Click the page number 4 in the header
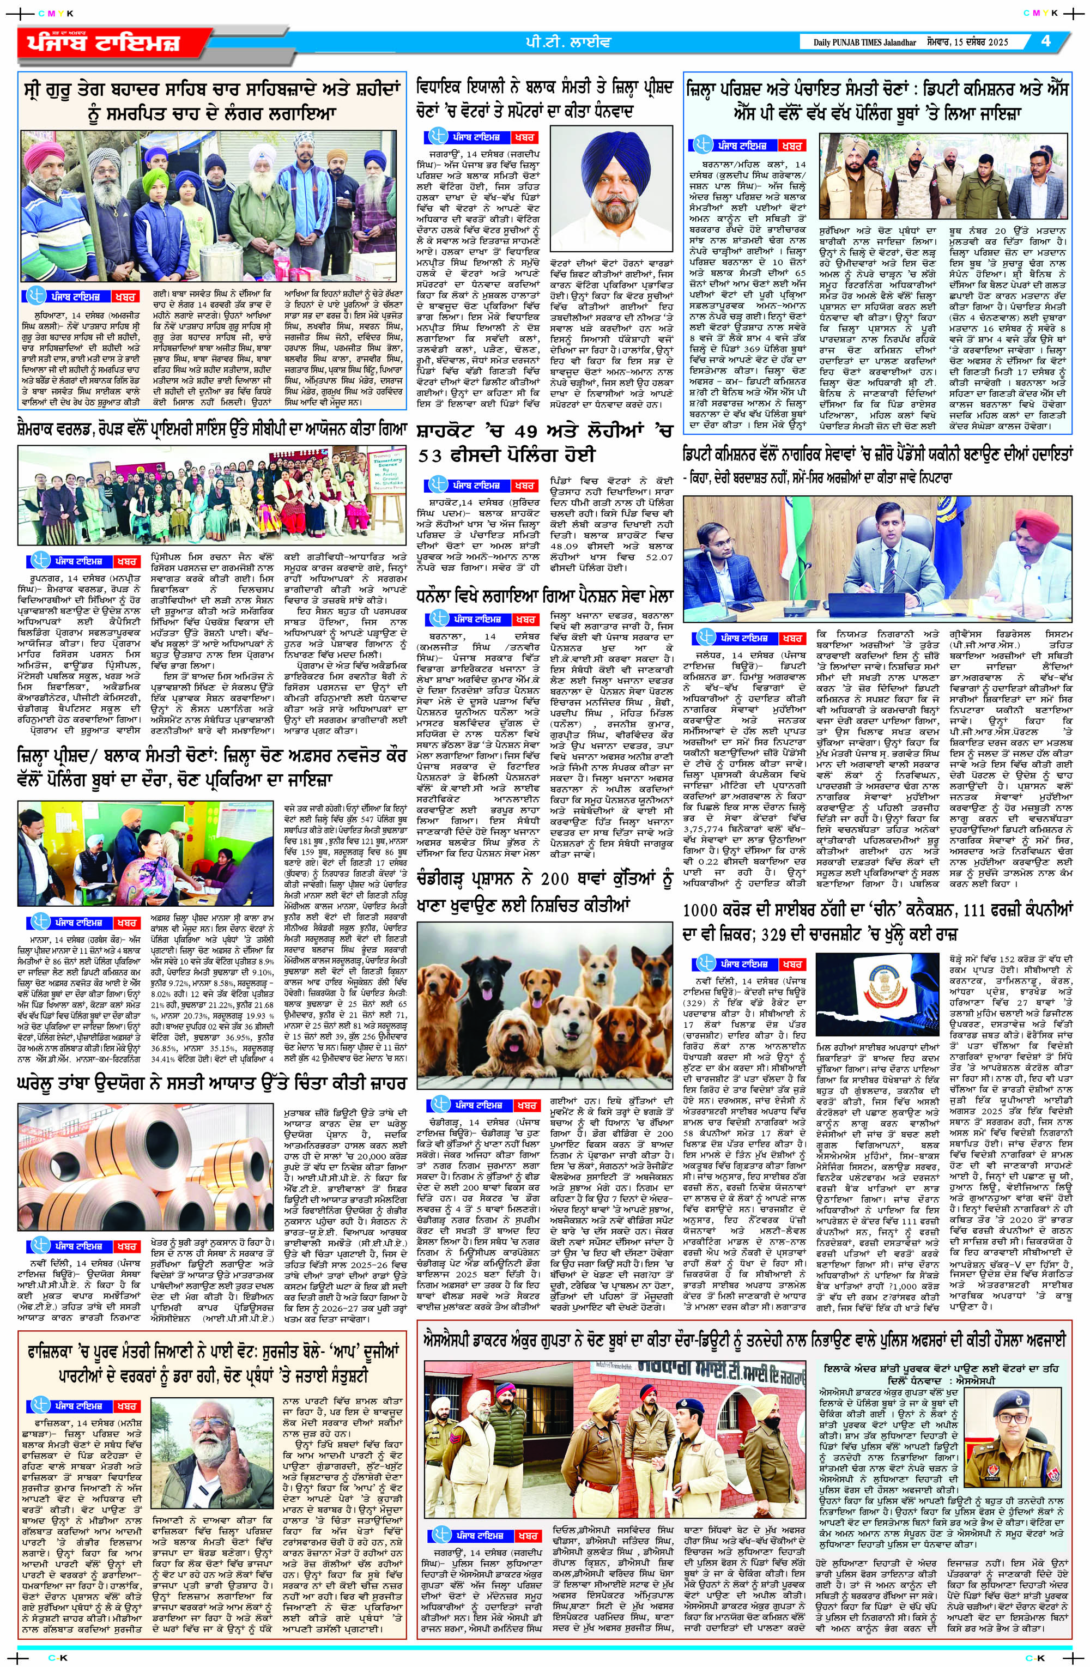(1045, 41)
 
